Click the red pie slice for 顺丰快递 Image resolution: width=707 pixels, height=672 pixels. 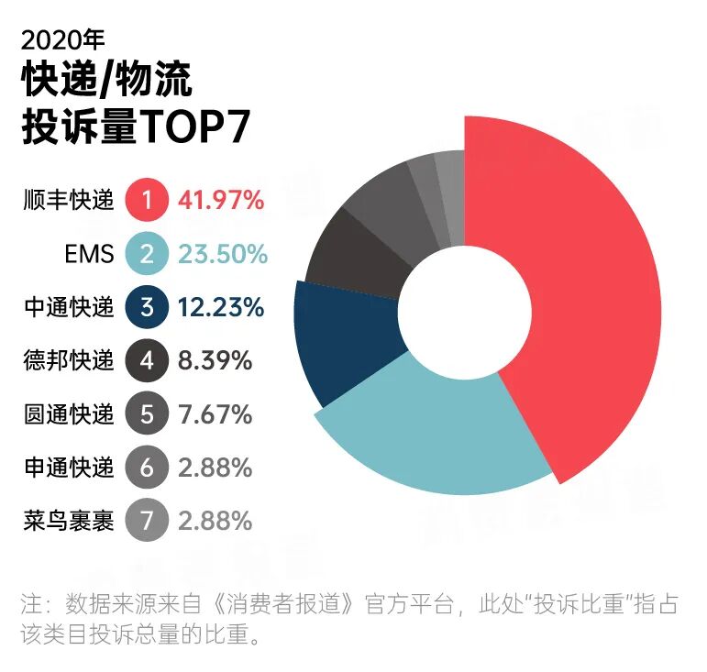587,303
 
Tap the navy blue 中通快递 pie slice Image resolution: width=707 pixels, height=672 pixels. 348,339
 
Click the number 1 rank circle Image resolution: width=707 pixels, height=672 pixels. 146,199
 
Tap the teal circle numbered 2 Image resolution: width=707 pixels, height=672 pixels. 146,253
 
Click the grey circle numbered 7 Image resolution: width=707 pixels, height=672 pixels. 146,522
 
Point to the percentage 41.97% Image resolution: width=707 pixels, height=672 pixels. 221,199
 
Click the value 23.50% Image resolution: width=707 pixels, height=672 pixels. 223,253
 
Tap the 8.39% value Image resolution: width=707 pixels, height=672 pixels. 215,360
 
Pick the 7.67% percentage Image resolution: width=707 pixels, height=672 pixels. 215,414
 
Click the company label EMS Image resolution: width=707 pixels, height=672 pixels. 90,253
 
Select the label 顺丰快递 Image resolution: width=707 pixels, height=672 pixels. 68,199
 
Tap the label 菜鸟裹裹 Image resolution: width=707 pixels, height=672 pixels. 68,522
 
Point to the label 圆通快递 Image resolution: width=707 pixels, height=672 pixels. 68,414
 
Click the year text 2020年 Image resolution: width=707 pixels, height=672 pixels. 61,39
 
